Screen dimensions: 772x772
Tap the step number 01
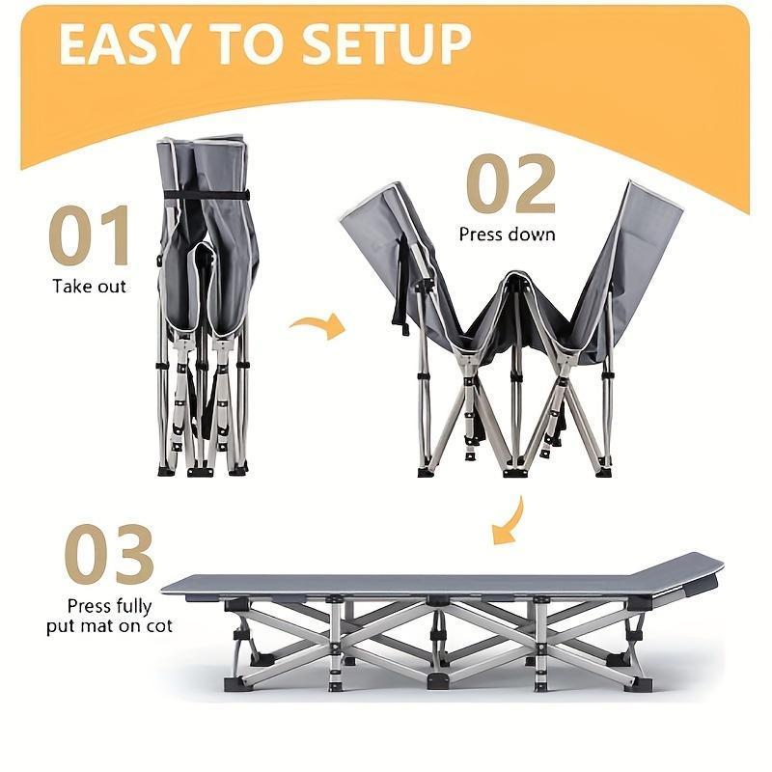(90, 237)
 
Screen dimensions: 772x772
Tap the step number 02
(510, 185)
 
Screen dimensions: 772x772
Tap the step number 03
(109, 555)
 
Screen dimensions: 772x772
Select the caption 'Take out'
(89, 287)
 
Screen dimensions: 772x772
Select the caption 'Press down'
(507, 234)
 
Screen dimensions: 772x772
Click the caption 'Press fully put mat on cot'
(109, 616)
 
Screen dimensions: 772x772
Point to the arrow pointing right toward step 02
(318, 325)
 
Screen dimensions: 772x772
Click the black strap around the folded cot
(206, 195)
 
